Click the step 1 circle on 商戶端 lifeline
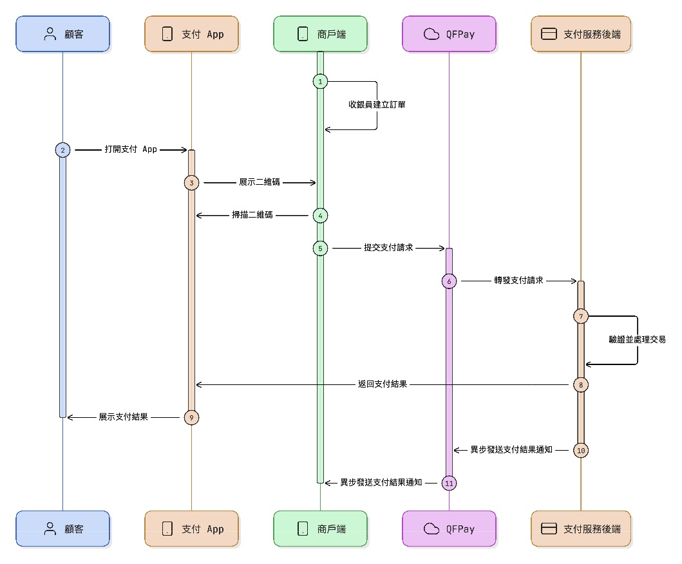coord(320,81)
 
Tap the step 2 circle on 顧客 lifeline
coord(62,149)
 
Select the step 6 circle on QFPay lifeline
coord(449,281)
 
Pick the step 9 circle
coord(191,417)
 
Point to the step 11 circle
coord(449,482)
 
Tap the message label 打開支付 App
coord(131,149)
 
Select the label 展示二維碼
coord(256,182)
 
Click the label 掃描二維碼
coord(252,215)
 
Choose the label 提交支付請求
coord(388,248)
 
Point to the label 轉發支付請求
coord(519,281)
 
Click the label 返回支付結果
coord(382,384)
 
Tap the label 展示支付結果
coord(124,417)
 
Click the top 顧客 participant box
coord(62,33)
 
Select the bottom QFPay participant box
coord(449,529)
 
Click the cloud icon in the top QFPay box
coord(431,34)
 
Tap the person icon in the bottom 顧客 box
coord(50,529)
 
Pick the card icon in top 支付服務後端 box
coord(549,34)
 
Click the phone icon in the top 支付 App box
coord(167,34)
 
